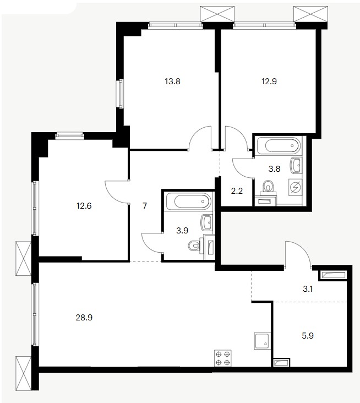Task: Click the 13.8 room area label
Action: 172,81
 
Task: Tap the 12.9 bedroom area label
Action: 269,81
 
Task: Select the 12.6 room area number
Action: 84,206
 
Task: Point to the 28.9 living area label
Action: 84,318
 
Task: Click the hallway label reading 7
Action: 145,206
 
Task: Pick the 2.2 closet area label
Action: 237,191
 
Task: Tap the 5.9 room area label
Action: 308,336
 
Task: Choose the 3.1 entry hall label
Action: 308,289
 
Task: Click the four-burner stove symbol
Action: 223,358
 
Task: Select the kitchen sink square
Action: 263,341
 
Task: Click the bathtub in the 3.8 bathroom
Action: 279,146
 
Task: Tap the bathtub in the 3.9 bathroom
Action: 189,201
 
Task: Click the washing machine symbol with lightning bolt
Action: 295,187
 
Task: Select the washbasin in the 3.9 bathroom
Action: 208,222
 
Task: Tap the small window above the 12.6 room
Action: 70,135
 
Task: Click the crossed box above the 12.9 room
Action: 310,14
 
